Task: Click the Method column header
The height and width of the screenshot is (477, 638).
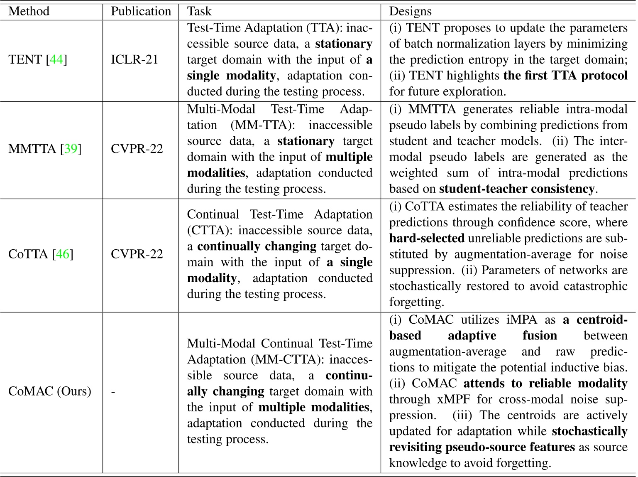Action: (29, 11)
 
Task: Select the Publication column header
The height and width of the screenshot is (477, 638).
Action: (141, 11)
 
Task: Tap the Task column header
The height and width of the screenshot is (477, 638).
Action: (199, 11)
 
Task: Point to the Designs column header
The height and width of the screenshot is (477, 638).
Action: (410, 11)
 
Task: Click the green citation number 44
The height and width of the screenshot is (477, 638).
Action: (56, 60)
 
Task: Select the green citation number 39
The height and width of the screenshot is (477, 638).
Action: (71, 149)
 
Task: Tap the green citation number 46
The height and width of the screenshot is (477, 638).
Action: (62, 254)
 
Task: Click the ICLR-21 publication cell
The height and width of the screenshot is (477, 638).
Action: (134, 60)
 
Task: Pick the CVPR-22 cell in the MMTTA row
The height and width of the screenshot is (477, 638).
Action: (137, 149)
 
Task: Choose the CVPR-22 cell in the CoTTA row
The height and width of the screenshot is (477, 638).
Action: (137, 254)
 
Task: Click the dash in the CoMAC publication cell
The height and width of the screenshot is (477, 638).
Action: (113, 391)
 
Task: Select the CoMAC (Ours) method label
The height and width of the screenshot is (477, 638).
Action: (49, 391)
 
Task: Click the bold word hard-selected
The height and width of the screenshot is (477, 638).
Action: (427, 238)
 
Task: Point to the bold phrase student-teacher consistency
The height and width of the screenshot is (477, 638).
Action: (517, 189)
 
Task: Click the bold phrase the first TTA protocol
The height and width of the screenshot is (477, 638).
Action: (565, 76)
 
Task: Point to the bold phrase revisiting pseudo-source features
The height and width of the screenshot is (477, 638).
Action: (482, 447)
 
